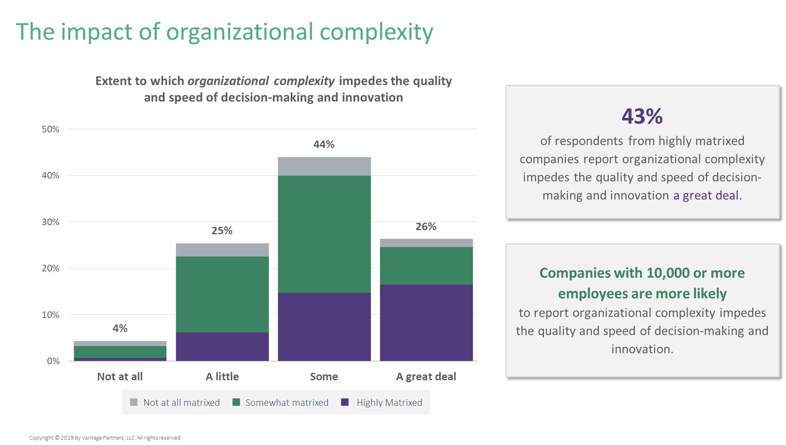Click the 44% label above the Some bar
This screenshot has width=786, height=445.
pyautogui.click(x=324, y=144)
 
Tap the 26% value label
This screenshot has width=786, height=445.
pyautogui.click(x=426, y=226)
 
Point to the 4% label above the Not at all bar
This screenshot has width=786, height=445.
pyautogui.click(x=120, y=328)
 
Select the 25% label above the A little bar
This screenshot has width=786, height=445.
pyautogui.click(x=222, y=231)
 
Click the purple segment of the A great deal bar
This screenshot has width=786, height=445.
pyautogui.click(x=426, y=323)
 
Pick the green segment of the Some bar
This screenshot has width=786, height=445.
pyautogui.click(x=324, y=234)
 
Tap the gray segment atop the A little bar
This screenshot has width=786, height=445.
pyautogui.click(x=222, y=250)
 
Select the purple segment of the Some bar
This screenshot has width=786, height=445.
pyautogui.click(x=324, y=327)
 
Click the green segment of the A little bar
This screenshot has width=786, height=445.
pyautogui.click(x=222, y=294)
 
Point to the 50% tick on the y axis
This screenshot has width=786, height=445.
pyautogui.click(x=50, y=129)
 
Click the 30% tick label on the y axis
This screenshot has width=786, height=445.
pyautogui.click(x=50, y=222)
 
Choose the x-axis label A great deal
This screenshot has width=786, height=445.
pyautogui.click(x=426, y=377)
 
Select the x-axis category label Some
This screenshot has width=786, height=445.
pyautogui.click(x=324, y=377)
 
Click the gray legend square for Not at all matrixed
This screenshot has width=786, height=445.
pyautogui.click(x=134, y=403)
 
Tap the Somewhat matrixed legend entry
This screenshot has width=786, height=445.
pyautogui.click(x=287, y=403)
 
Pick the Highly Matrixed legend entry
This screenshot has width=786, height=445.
pyautogui.click(x=389, y=403)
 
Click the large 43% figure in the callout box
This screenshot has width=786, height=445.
pyautogui.click(x=642, y=116)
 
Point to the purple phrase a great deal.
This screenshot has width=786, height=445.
pyautogui.click(x=707, y=195)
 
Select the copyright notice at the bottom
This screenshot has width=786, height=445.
pyautogui.click(x=105, y=438)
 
